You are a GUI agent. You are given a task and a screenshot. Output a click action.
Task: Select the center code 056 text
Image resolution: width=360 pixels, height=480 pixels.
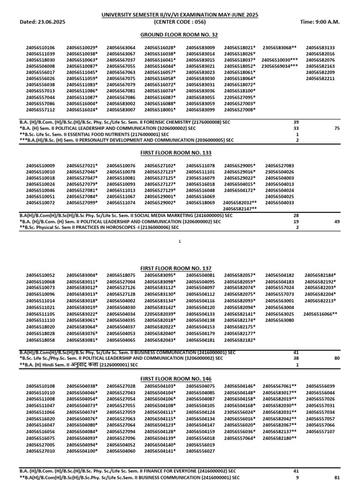click(x=180, y=22)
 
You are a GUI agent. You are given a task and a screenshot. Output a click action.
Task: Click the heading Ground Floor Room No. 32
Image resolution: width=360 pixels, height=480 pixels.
click(x=180, y=35)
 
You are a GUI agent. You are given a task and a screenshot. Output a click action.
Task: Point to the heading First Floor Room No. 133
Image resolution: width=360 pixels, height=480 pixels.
click(x=180, y=153)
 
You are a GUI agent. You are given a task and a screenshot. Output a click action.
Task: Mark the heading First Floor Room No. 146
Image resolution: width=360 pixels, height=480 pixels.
click(x=180, y=379)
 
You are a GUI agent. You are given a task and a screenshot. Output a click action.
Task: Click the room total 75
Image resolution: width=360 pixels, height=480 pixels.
click(x=337, y=128)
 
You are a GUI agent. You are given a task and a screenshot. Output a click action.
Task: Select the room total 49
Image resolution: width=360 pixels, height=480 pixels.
click(x=337, y=221)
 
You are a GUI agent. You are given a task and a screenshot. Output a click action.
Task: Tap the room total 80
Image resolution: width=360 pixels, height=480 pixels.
click(x=337, y=358)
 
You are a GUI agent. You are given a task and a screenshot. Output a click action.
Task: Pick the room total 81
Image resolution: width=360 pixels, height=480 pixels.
click(x=337, y=477)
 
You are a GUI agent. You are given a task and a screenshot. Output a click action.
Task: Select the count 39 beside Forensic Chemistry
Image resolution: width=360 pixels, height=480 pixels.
click(x=296, y=121)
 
